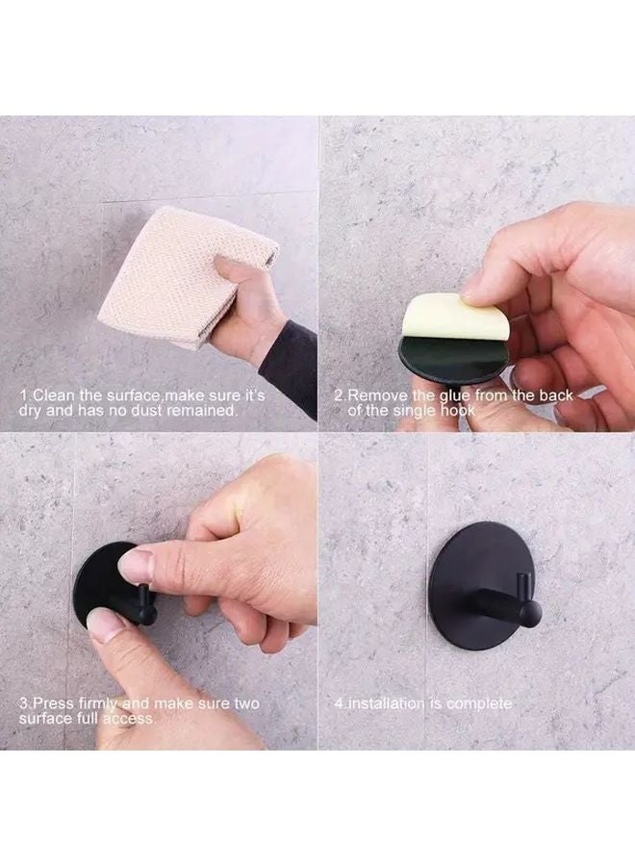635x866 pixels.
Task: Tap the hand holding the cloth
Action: click(247, 308)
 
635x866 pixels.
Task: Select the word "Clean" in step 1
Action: click(59, 395)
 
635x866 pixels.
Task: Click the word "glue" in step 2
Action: click(449, 395)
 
